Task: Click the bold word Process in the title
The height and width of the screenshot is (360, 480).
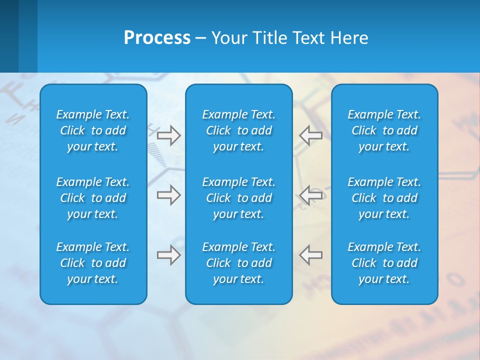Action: point(156,38)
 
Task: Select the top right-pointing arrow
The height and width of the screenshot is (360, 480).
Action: point(169,135)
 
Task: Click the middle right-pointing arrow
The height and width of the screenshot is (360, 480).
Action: point(169,195)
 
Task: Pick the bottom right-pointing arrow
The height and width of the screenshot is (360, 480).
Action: point(169,255)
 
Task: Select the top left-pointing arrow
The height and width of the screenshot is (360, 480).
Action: point(310,135)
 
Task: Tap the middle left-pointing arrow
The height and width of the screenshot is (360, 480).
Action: point(310,195)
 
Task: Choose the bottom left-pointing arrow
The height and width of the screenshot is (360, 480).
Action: point(310,255)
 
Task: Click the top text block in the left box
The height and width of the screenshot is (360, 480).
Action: point(93,130)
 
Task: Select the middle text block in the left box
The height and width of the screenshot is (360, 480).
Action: point(93,198)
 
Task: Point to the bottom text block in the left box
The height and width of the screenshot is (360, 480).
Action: point(93,263)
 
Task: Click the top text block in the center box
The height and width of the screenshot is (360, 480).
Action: point(238,130)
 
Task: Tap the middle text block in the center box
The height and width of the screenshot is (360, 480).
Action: point(238,198)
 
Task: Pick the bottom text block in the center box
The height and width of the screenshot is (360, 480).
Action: point(238,263)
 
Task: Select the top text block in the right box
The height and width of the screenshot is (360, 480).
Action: point(384,130)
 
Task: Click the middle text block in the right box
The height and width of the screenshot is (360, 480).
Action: point(384,198)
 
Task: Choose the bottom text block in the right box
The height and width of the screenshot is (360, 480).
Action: point(384,263)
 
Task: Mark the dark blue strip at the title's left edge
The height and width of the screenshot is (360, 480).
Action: point(9,36)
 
